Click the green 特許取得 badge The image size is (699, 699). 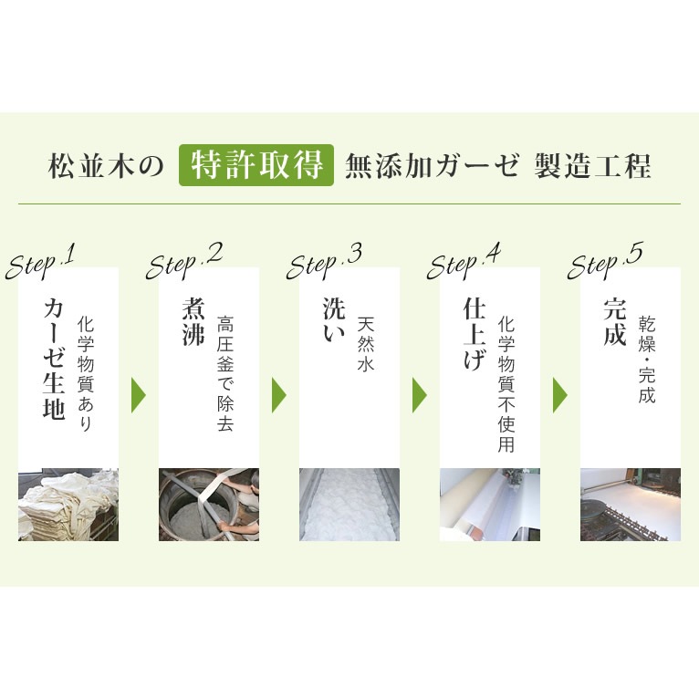[x=256, y=165]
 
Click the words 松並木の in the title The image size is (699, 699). [x=105, y=166]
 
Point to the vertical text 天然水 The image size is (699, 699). [x=366, y=343]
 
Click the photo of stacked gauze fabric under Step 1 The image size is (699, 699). [x=68, y=505]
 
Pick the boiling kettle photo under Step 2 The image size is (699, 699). [x=209, y=505]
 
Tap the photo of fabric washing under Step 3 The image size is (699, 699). [x=349, y=505]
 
